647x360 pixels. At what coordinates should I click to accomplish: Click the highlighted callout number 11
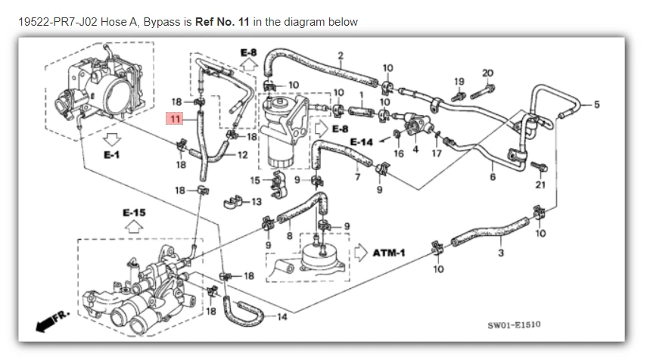tap(176, 119)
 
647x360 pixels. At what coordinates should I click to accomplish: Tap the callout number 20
tap(487, 73)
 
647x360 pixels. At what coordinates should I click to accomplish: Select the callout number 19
tap(459, 81)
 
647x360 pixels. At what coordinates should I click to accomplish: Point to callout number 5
tap(596, 104)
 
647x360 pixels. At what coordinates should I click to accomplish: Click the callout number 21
tap(540, 184)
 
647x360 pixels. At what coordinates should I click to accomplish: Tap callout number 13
tap(256, 202)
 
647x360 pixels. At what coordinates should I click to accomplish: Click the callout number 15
tap(254, 180)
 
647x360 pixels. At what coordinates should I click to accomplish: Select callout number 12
tap(242, 154)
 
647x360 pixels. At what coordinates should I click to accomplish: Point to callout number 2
tap(341, 54)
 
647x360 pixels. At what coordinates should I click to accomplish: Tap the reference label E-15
tap(133, 213)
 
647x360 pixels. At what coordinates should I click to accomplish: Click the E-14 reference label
tap(361, 141)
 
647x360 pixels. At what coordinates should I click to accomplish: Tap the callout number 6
tap(493, 178)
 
